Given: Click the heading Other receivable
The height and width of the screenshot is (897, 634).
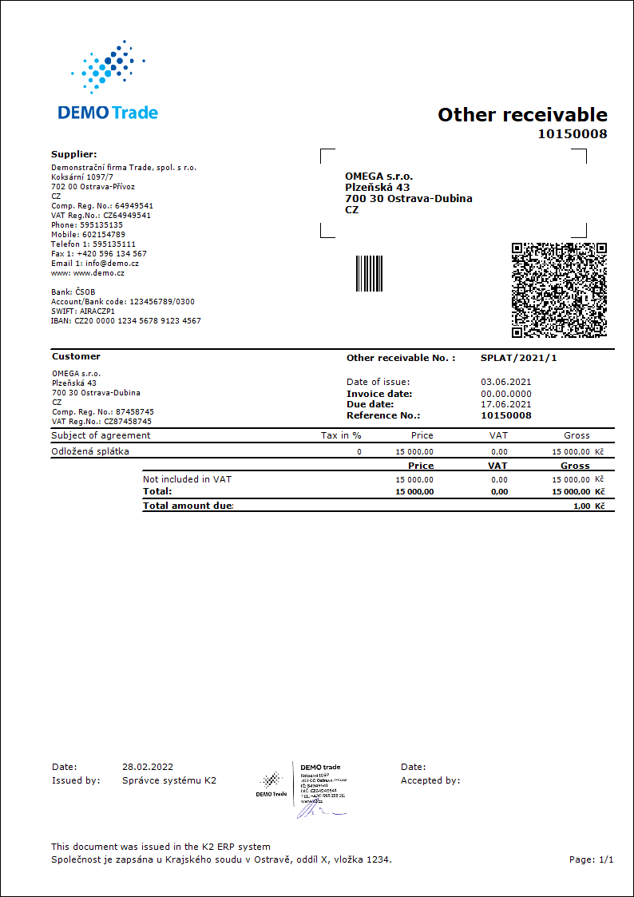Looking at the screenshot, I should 522,115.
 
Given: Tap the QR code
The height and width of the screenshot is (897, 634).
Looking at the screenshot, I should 559,290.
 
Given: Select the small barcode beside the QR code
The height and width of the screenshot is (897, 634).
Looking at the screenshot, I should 369,274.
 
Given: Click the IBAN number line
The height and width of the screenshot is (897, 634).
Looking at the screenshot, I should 126,321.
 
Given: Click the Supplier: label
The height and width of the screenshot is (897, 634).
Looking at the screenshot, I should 74,154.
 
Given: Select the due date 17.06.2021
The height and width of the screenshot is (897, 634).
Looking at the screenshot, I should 505,404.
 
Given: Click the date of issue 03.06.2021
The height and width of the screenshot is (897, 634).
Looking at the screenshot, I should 505,382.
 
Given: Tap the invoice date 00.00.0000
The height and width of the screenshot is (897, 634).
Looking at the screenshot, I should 505,394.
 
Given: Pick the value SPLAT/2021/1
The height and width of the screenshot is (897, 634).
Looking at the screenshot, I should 519,358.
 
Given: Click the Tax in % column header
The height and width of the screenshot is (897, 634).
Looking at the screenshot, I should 340,435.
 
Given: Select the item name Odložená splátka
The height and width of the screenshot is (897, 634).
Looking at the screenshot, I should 90,451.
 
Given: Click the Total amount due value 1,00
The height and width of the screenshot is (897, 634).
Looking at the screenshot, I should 581,506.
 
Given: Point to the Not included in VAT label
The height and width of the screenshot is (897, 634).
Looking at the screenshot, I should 187,479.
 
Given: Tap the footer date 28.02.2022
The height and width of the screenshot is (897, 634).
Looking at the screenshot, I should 148,767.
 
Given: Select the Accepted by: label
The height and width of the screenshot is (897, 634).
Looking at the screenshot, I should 430,780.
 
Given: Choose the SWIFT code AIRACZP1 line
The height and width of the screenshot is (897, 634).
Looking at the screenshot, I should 83,312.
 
